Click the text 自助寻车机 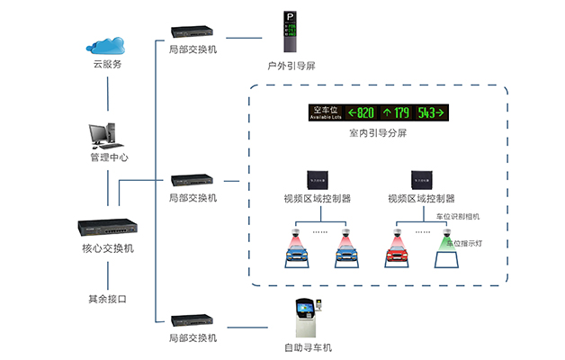[306, 346]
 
